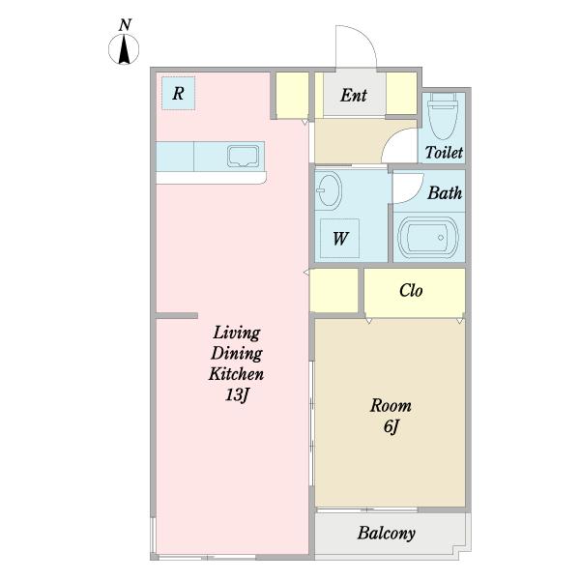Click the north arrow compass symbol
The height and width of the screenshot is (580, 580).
[124, 49]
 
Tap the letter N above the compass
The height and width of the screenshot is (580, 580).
[125, 25]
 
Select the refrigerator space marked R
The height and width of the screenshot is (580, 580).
[178, 93]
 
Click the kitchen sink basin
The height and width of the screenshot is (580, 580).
[243, 156]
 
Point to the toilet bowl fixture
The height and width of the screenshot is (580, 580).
[443, 115]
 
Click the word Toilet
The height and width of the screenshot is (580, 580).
[444, 153]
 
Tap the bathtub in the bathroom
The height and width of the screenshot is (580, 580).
[428, 238]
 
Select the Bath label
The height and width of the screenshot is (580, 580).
[445, 192]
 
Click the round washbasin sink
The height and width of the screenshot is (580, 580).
[329, 190]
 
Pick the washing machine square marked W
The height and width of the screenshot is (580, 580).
[339, 238]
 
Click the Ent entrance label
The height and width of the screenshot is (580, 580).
[354, 95]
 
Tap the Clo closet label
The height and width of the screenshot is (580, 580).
[411, 290]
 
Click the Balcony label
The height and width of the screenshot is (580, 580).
[386, 533]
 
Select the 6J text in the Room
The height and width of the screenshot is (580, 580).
[391, 427]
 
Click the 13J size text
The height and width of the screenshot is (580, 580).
[237, 395]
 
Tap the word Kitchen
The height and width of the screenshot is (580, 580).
[237, 374]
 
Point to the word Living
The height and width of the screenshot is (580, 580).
[237, 333]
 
